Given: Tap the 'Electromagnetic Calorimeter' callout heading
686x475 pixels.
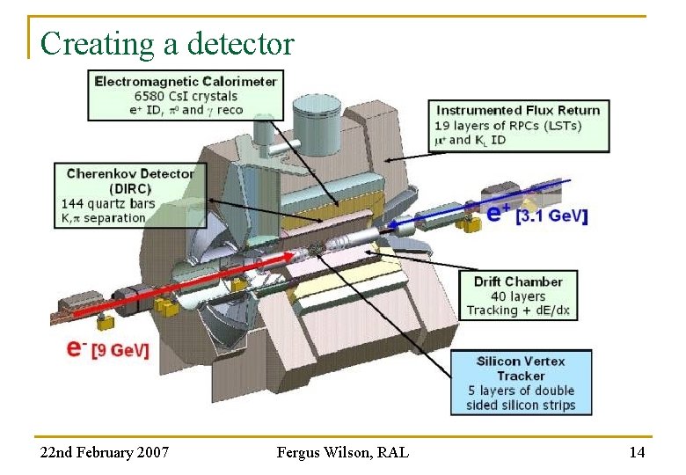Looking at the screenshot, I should pyautogui.click(x=186, y=81).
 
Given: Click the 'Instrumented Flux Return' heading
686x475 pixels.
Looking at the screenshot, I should pyautogui.click(x=518, y=110).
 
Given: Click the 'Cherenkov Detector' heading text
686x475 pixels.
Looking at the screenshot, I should pyautogui.click(x=130, y=173).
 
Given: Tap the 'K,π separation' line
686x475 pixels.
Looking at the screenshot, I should pyautogui.click(x=104, y=217).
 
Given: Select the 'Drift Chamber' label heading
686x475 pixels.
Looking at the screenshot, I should pyautogui.click(x=518, y=281).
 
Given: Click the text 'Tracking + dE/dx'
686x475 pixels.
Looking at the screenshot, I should pyautogui.click(x=518, y=311).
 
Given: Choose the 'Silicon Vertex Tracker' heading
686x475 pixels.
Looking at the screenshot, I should pyautogui.click(x=521, y=369).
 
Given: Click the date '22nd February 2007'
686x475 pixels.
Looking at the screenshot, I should pyautogui.click(x=106, y=452).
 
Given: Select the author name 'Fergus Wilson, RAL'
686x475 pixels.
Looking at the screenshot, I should pyautogui.click(x=342, y=452).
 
